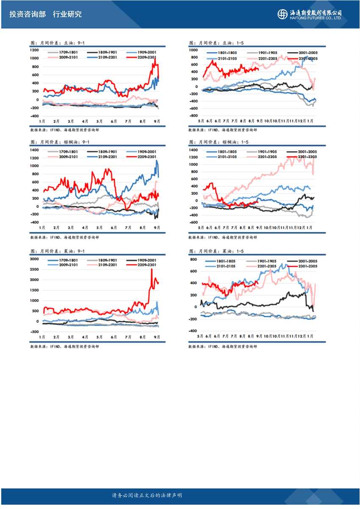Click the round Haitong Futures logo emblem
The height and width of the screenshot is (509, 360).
[282, 14]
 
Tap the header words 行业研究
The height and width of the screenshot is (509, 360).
[67, 14]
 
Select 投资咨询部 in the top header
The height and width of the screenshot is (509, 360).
[28, 14]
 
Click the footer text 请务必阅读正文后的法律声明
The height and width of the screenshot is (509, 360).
[147, 495]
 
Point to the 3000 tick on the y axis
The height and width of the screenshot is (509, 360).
[35, 259]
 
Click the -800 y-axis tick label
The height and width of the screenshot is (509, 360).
[193, 115]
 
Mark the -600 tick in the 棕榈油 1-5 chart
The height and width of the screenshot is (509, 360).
[193, 222]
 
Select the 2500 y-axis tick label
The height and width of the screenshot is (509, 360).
[35, 269]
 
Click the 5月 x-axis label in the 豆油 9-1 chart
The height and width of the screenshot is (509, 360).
[100, 122]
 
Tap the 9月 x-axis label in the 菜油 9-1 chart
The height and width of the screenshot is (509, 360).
[156, 337]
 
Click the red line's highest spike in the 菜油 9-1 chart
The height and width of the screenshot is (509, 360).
[152, 269]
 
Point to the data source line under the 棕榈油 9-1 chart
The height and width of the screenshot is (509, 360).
[64, 238]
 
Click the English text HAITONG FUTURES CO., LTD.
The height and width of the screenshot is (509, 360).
[316, 18]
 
